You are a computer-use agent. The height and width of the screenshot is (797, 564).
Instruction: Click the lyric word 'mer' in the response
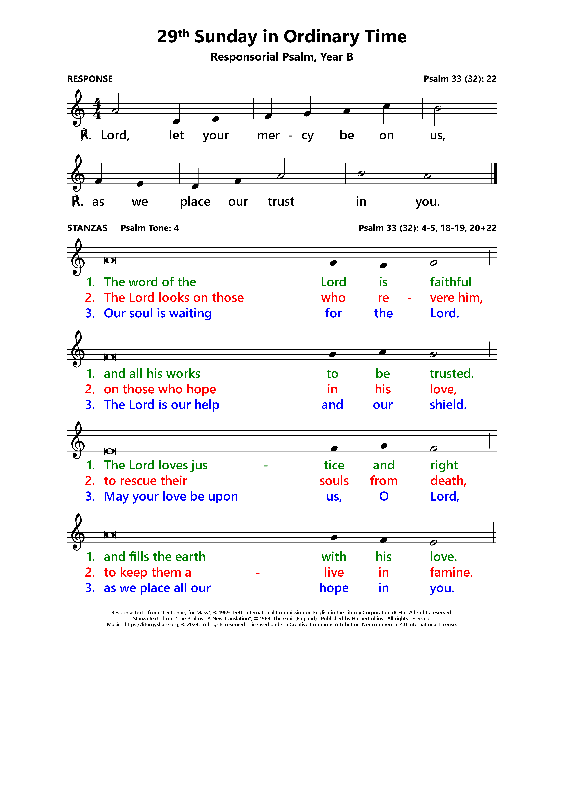(x=268, y=135)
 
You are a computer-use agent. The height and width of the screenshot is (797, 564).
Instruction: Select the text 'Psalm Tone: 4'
(x=149, y=228)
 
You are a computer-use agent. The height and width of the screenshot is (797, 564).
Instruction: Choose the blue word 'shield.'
(x=448, y=405)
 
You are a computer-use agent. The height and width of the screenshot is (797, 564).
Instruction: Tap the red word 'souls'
(x=334, y=481)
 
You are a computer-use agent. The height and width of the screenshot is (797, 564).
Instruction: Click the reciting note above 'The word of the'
(x=109, y=260)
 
